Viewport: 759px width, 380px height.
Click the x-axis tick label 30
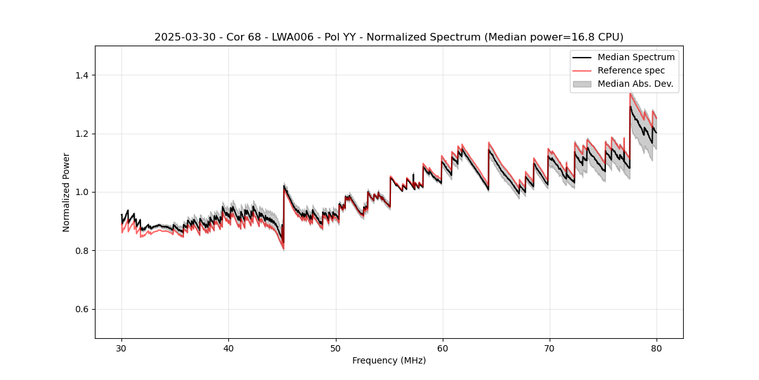click(x=121, y=348)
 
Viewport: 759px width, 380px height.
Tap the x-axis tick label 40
click(x=228, y=348)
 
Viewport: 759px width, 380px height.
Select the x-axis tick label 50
click(x=335, y=348)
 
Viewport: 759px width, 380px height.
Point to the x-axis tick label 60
click(x=443, y=348)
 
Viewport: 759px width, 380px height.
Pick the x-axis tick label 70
click(x=550, y=348)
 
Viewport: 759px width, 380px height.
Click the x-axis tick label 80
click(x=657, y=348)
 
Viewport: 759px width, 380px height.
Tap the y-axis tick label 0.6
click(x=82, y=309)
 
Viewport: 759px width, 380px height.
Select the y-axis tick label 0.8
click(x=82, y=251)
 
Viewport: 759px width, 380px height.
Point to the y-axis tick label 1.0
click(x=82, y=192)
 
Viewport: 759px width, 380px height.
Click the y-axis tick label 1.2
click(x=82, y=134)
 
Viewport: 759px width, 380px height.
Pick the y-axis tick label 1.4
click(x=82, y=75)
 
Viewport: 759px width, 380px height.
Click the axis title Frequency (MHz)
click(x=389, y=360)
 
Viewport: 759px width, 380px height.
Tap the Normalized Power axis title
click(x=66, y=192)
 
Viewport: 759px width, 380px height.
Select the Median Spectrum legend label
click(x=636, y=57)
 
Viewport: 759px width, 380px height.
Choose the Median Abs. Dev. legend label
click(x=635, y=84)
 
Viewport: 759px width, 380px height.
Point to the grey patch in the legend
click(x=582, y=84)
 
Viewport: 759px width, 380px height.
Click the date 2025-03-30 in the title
click(x=180, y=37)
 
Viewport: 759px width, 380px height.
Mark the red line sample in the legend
click(x=582, y=70)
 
